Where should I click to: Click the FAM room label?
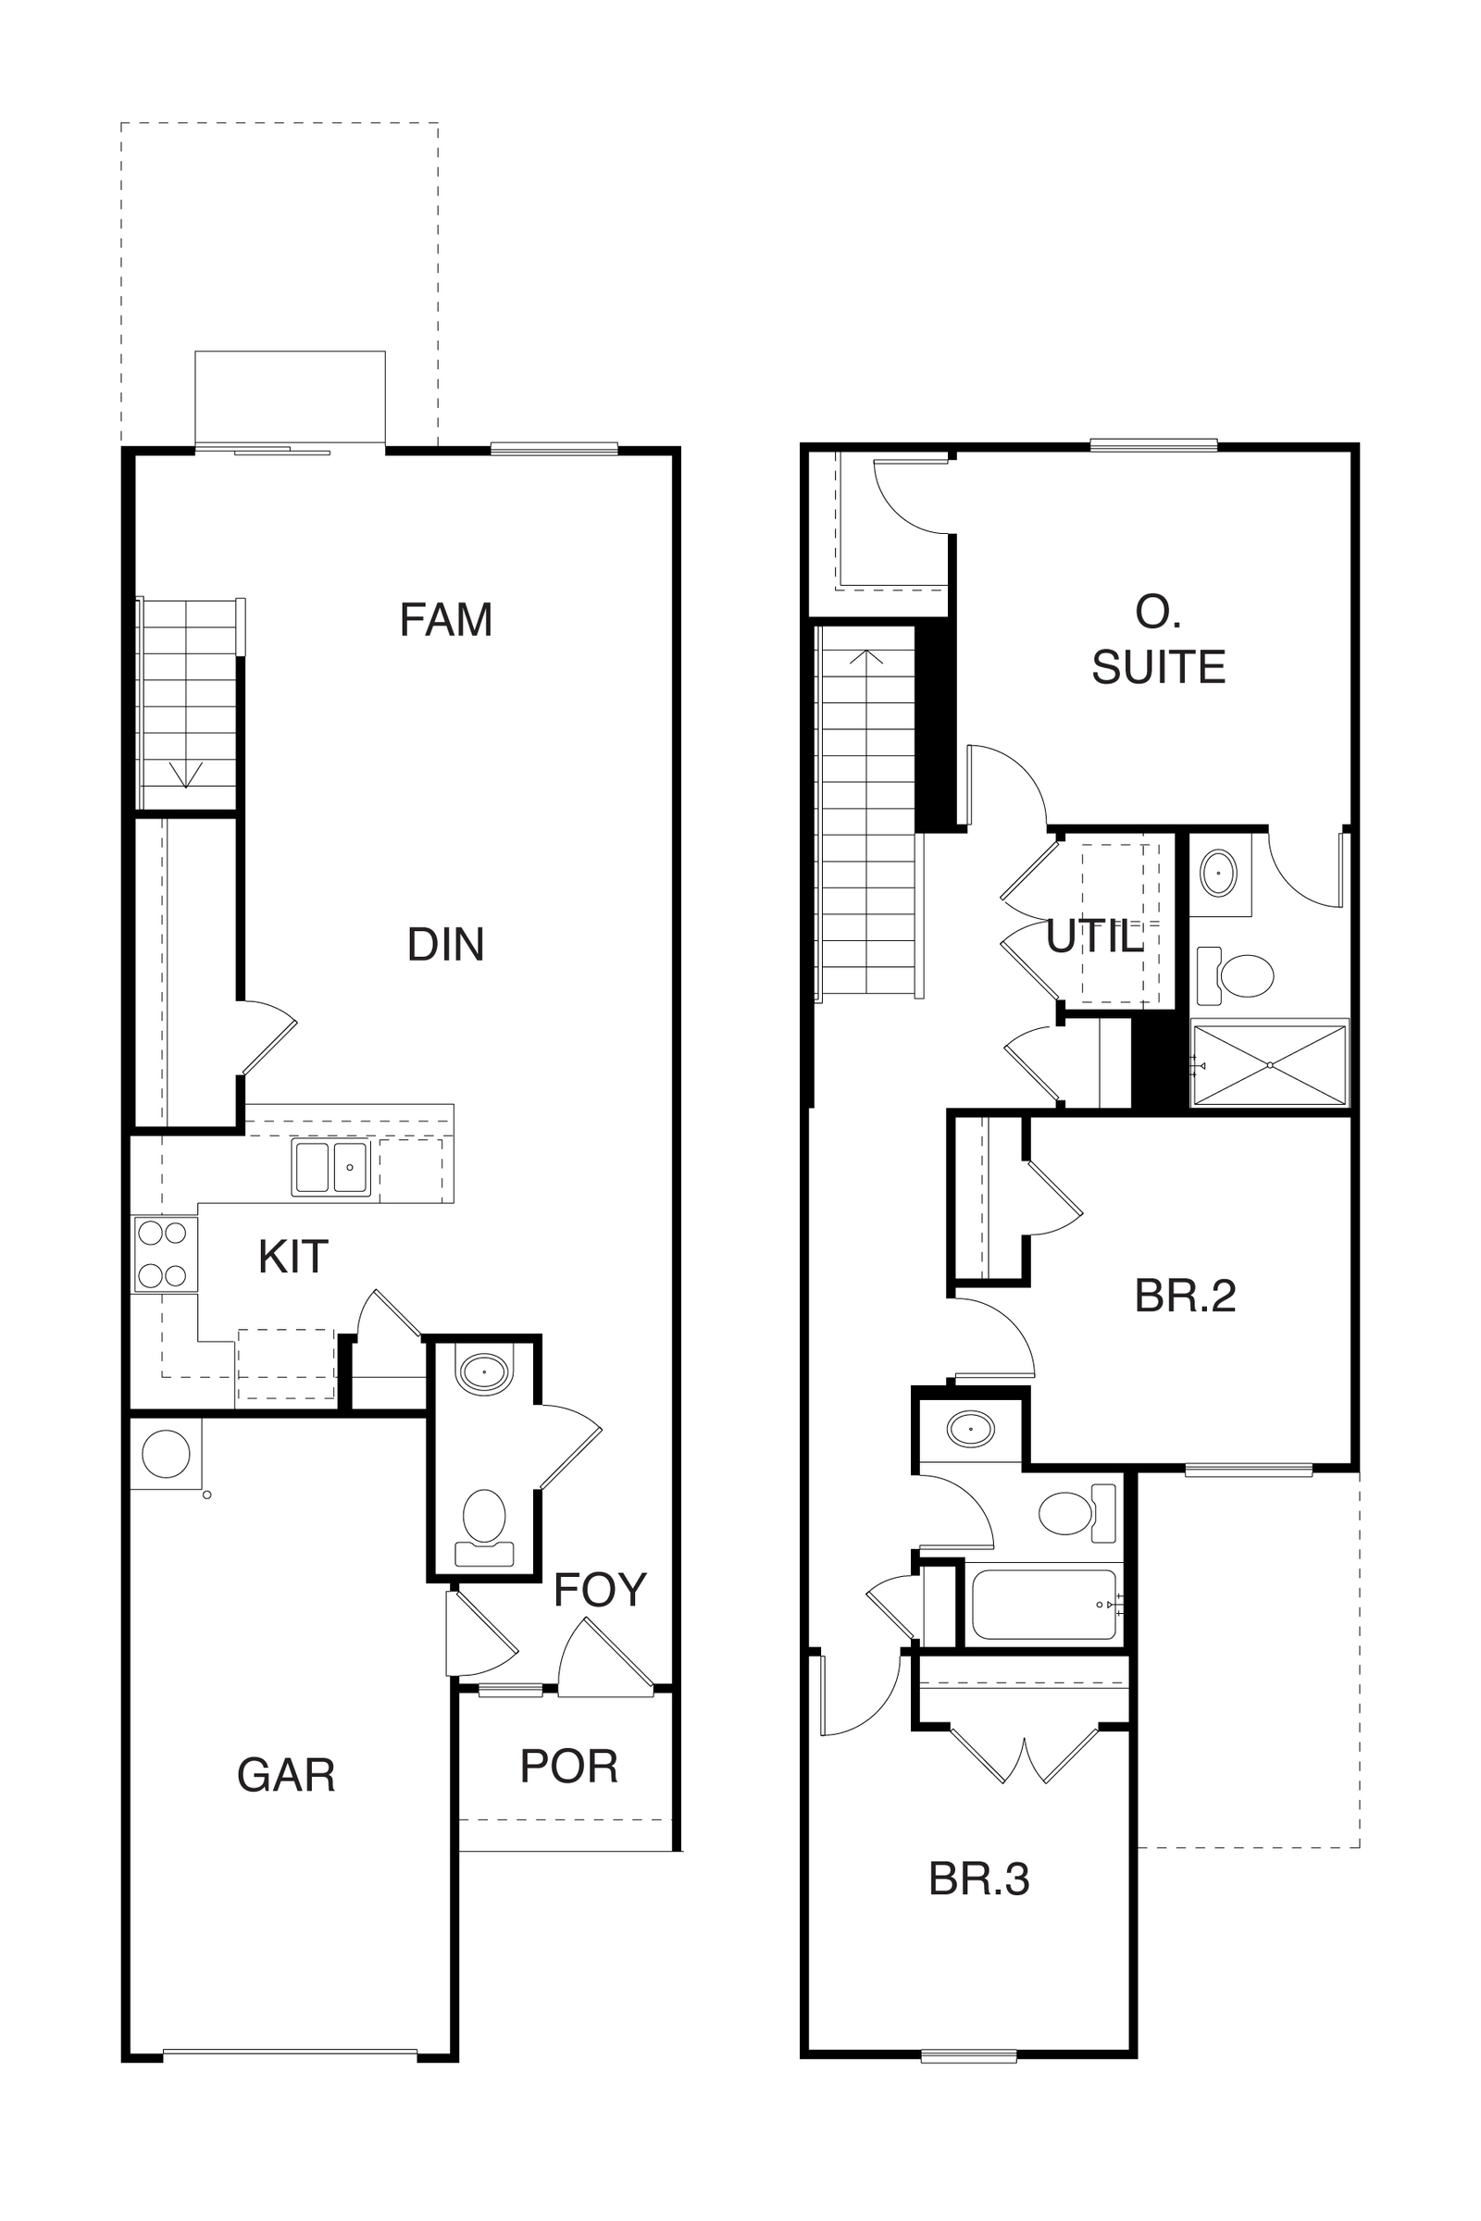coord(446,620)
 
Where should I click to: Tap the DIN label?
coord(446,944)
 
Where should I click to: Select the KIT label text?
coord(292,1257)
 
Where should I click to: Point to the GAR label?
coord(286,1775)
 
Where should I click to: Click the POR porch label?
coord(568,1766)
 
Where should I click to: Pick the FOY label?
coord(600,1590)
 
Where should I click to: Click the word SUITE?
coord(1158,667)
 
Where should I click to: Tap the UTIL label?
coord(1095,937)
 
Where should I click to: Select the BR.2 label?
coord(1185,1297)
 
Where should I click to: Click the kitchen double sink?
coord(330,1167)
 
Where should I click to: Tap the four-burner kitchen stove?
coord(165,1254)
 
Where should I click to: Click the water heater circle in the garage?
coord(166,1453)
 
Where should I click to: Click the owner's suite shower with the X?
coord(1269,1065)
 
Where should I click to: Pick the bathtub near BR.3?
coord(1045,1605)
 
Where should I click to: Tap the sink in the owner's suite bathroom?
coord(1218,873)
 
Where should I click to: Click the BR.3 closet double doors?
coord(1025,1755)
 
